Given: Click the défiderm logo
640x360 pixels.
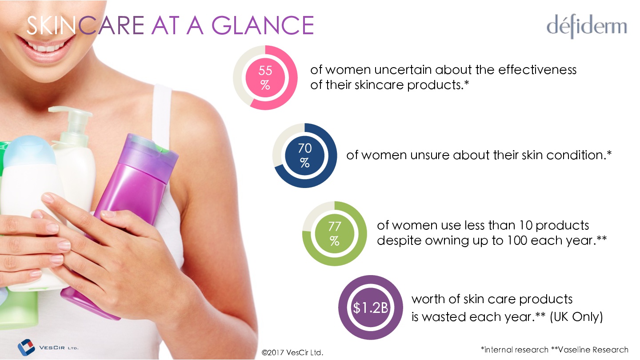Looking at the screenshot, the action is [x=587, y=27].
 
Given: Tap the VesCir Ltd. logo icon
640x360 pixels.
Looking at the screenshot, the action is [x=26, y=348].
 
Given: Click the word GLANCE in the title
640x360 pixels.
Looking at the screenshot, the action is [x=263, y=26].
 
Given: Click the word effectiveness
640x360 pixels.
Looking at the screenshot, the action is [x=537, y=70].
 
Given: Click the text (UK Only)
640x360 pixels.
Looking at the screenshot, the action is [x=576, y=317].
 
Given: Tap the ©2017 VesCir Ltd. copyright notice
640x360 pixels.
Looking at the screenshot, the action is [x=292, y=352].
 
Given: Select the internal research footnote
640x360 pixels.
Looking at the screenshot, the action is [x=515, y=350].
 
